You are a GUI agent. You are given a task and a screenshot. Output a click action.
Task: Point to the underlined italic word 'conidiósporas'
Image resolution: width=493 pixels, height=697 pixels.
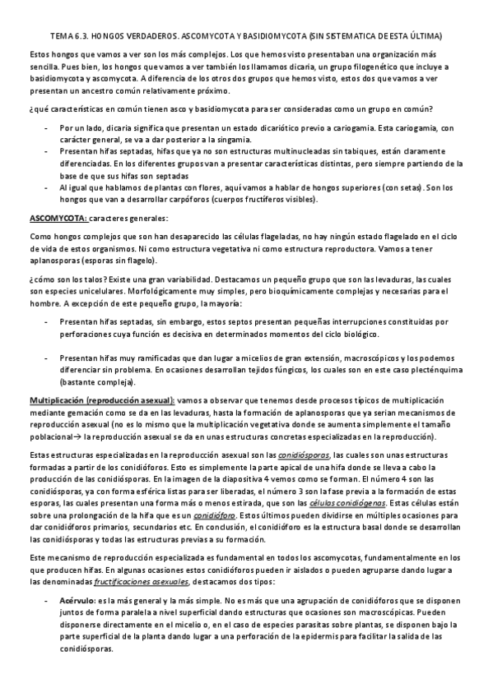click(x=301, y=455)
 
